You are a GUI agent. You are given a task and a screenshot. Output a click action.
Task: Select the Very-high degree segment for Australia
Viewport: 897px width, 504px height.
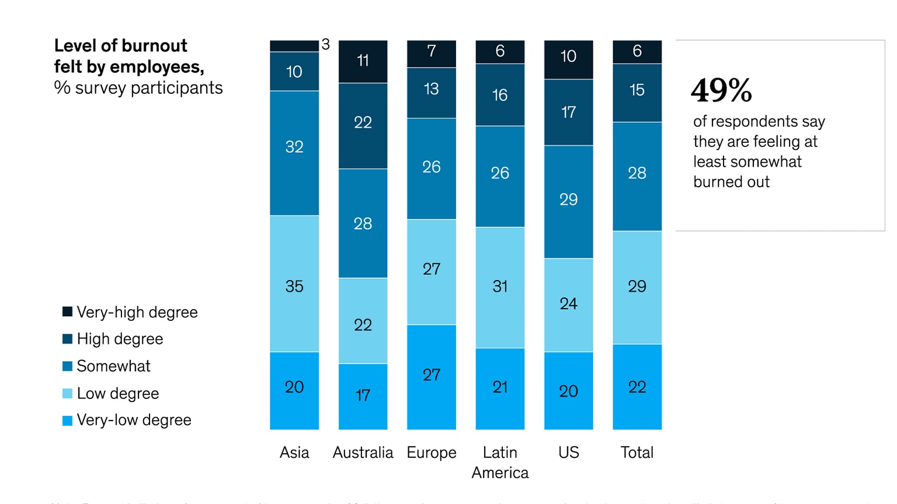pos(363,61)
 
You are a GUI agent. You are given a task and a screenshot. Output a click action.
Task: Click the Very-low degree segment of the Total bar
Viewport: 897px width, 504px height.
pos(637,387)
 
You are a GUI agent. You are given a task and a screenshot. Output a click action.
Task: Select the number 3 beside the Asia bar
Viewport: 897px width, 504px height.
pos(326,45)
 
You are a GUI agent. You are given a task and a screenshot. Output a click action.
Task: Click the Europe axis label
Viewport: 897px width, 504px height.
pos(431,453)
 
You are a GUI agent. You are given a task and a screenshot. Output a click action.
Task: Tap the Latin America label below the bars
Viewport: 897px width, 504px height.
pos(500,462)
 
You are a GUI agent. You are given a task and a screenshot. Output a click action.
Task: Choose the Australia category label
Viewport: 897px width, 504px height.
pos(363,453)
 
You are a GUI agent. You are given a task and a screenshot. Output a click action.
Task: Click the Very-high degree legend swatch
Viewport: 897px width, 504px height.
pos(68,312)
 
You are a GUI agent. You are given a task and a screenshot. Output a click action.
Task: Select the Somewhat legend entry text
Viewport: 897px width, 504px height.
pos(113,366)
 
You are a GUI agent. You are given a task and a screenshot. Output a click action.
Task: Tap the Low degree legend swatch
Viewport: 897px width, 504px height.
pos(68,394)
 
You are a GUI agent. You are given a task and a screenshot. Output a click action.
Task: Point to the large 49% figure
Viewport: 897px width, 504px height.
pos(721,90)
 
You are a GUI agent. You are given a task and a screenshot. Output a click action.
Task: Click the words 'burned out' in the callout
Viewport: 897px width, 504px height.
pos(731,182)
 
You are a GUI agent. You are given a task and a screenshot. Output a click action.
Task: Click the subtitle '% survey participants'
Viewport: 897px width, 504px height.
pos(138,88)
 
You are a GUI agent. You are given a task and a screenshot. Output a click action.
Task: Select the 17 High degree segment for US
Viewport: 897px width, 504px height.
pos(568,112)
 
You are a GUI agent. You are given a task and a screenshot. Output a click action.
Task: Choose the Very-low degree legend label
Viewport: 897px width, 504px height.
pos(134,420)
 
